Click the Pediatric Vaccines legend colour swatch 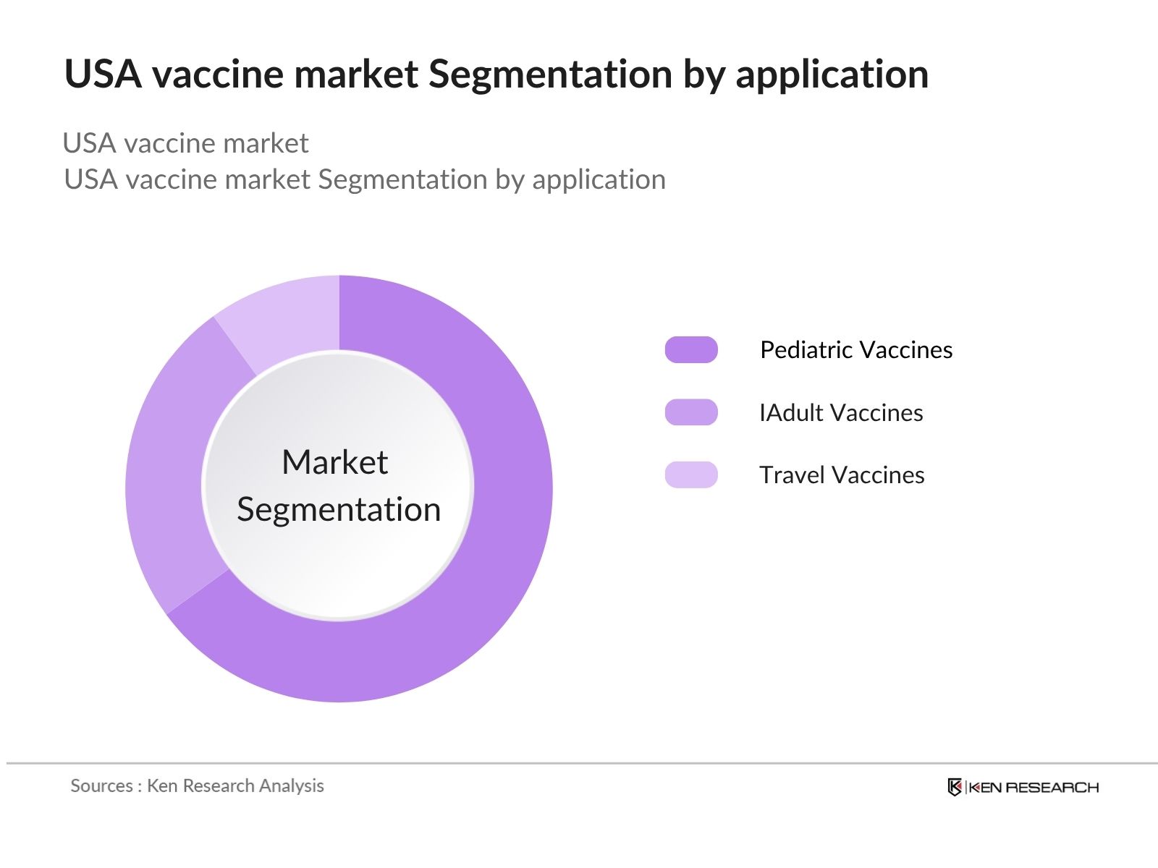tap(691, 349)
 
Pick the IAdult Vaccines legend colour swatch tap(691, 412)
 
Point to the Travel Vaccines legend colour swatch tap(691, 475)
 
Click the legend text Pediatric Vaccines tap(856, 350)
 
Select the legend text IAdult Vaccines tap(841, 413)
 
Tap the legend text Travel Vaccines tap(842, 475)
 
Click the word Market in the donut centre tap(334, 462)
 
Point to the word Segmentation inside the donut tap(339, 510)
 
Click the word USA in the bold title tap(103, 75)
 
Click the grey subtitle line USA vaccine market tap(186, 143)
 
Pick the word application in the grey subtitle tap(599, 180)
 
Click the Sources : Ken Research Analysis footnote tap(197, 786)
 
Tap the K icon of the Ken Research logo tap(955, 787)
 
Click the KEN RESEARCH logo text tap(1034, 787)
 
